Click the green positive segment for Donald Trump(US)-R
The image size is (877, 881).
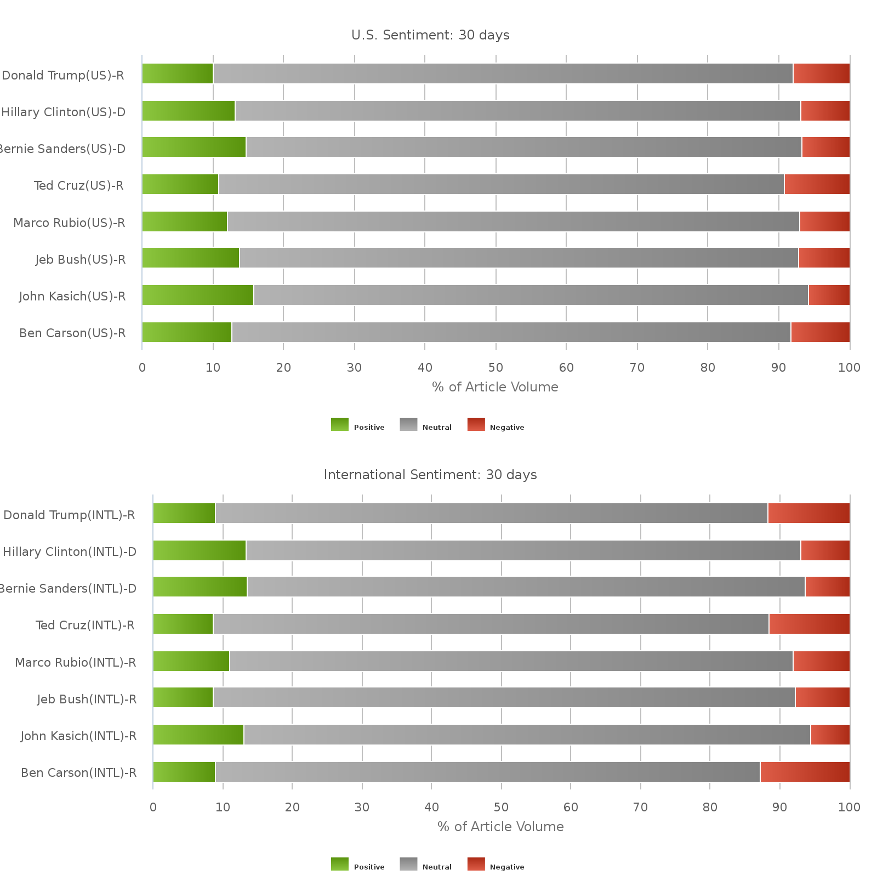[x=178, y=73]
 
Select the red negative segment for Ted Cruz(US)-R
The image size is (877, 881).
[x=817, y=184]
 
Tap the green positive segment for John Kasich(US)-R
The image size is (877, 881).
[x=198, y=295]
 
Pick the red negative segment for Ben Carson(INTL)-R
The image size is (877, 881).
[x=805, y=772]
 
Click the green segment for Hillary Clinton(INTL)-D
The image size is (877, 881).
[x=200, y=550]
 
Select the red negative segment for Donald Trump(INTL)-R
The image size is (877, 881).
[x=808, y=513]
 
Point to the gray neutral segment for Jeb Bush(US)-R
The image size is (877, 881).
[x=519, y=258]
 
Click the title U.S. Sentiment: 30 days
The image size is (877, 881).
[x=430, y=35]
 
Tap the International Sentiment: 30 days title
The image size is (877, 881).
[x=430, y=475]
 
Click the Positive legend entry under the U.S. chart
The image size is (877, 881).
[x=358, y=427]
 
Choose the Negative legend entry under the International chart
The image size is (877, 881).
[x=497, y=867]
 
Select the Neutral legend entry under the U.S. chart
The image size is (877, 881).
[x=426, y=427]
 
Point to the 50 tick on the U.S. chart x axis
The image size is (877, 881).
[x=496, y=367]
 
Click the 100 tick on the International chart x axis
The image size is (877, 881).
[x=849, y=807]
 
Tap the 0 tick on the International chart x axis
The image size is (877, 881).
[x=153, y=807]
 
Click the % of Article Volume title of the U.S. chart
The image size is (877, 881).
[x=495, y=387]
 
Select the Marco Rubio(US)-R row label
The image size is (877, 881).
[x=69, y=223]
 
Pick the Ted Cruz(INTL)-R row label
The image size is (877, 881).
[x=85, y=625]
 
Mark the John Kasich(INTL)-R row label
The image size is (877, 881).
[x=78, y=736]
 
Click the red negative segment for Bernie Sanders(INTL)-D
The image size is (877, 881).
[x=827, y=587]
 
